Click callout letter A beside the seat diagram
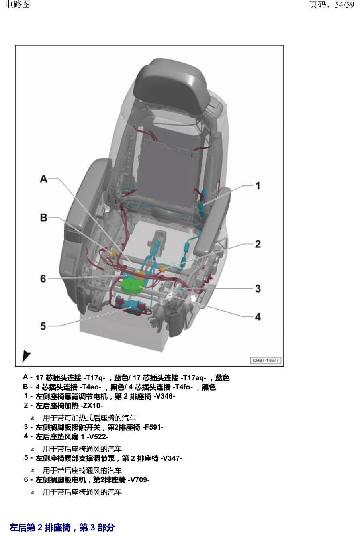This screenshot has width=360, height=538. tap(44, 179)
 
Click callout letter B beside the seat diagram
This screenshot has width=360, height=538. tap(44, 218)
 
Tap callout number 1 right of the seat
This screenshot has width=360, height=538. tap(258, 186)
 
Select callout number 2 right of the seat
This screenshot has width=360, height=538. tap(258, 244)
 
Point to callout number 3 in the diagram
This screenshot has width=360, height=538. tap(258, 289)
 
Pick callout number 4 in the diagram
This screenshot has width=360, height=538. tap(258, 317)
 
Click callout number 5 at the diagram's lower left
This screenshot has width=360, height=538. tap(43, 326)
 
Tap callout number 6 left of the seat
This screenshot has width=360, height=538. tap(43, 279)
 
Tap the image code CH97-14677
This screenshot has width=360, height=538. tap(266, 360)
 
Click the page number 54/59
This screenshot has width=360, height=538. tap(344, 4)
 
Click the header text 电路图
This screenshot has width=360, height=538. tap(18, 4)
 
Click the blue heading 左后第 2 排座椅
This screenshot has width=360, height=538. tap(40, 527)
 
